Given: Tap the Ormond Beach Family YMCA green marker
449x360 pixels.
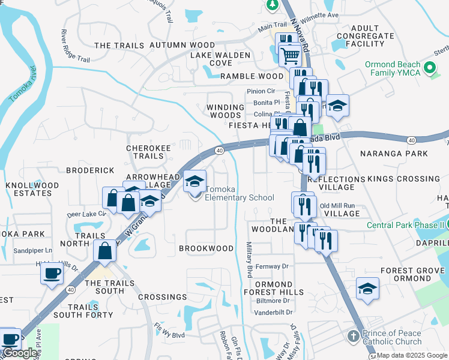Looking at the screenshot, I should [429, 68].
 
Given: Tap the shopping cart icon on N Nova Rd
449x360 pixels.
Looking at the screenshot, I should [291, 56].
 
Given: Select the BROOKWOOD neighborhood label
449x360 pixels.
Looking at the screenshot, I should [206, 248].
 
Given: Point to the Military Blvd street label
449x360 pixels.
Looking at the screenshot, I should [249, 259].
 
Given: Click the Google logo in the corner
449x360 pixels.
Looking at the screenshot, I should [20, 353].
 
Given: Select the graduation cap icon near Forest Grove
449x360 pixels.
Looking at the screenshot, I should [367, 289].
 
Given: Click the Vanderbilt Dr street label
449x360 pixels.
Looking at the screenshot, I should [273, 312].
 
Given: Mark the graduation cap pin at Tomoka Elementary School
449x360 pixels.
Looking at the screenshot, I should [194, 181].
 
